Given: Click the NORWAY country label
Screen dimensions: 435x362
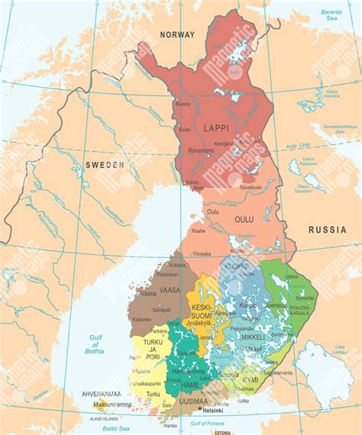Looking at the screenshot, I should click(x=177, y=34).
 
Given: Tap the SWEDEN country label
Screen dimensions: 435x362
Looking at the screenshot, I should click(x=104, y=164).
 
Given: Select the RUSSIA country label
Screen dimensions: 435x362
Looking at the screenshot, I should click(x=328, y=229).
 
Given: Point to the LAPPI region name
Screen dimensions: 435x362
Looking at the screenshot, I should click(x=216, y=128).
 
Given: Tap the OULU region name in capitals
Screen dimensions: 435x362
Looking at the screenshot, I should click(x=244, y=219).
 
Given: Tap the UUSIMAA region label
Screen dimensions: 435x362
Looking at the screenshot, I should click(x=192, y=400).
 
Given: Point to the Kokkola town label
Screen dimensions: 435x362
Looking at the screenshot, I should click(x=177, y=265).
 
